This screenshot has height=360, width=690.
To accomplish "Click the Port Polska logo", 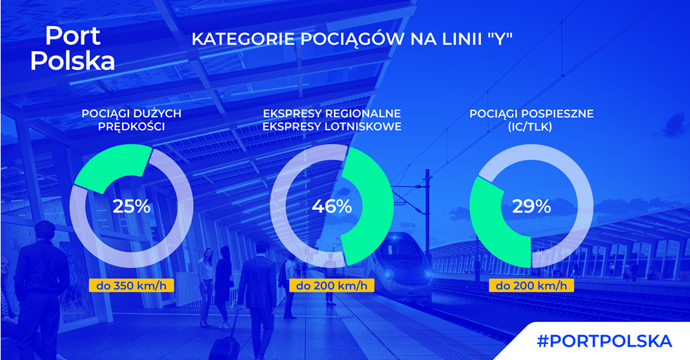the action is pyautogui.click(x=72, y=48).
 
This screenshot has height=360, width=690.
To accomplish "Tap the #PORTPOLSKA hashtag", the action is pyautogui.click(x=604, y=341).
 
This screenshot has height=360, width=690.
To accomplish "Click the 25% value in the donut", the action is pyautogui.click(x=132, y=206).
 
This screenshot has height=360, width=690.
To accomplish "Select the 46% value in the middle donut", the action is pyautogui.click(x=332, y=206).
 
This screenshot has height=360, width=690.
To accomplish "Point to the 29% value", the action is pyautogui.click(x=531, y=206).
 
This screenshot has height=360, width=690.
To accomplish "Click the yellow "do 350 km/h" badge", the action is pyautogui.click(x=132, y=286).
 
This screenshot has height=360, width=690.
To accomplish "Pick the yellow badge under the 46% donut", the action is pyautogui.click(x=332, y=286).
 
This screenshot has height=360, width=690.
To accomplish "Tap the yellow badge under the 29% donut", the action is pyautogui.click(x=531, y=286).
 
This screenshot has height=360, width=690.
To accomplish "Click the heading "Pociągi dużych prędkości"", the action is pyautogui.click(x=132, y=120).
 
